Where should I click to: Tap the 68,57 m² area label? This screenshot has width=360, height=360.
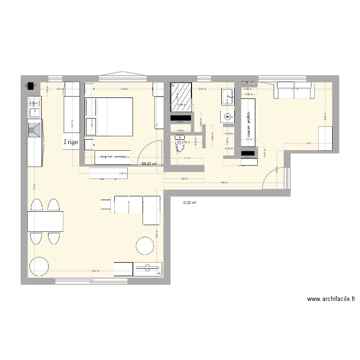point(149,164)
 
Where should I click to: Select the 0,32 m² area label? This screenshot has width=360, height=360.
point(191,203)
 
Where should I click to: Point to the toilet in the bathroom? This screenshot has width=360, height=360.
point(179,144)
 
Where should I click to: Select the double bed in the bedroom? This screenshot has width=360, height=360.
point(109,117)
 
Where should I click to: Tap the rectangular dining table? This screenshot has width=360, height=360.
point(46,221)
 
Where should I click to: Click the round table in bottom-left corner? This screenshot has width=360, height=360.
point(39,266)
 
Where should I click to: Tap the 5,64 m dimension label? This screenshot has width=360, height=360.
point(96,271)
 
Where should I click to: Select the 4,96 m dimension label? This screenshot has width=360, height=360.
point(224,182)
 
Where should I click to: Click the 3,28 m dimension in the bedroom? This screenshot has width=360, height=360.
point(124,89)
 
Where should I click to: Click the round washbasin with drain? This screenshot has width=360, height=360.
point(227,116)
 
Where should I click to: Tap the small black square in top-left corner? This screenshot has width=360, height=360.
point(31,86)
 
